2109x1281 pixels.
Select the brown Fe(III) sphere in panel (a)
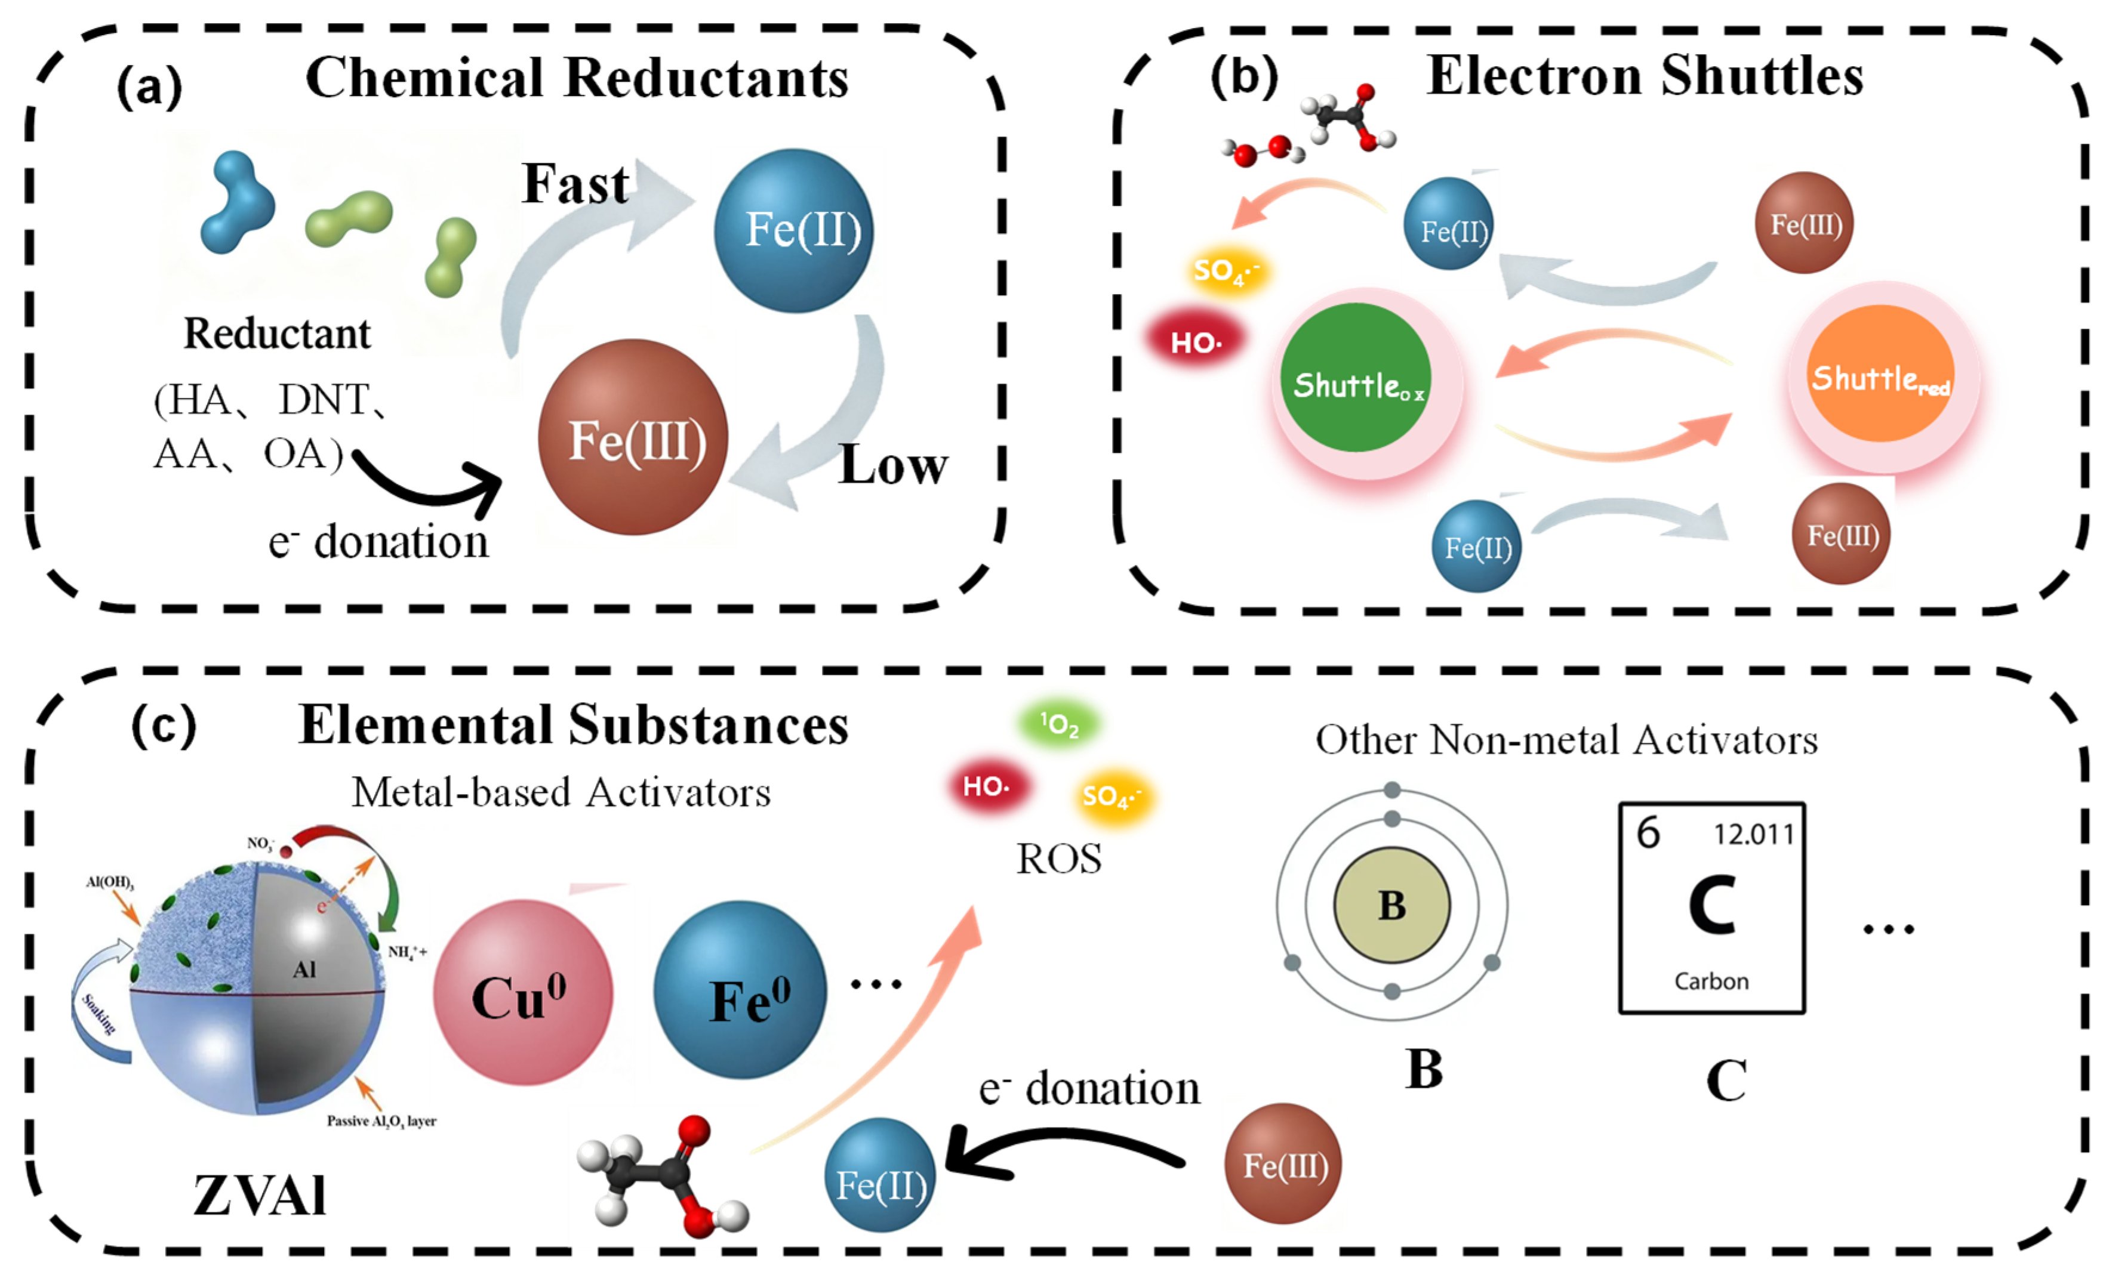click(x=633, y=437)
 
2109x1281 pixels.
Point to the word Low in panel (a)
click(x=893, y=465)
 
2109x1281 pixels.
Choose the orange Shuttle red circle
click(x=1880, y=375)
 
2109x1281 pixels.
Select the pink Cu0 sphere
click(x=522, y=993)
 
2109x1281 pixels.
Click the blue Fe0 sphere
click(x=740, y=990)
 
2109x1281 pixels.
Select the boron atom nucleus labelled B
click(x=1391, y=905)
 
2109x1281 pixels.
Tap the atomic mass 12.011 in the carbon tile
click(x=1753, y=834)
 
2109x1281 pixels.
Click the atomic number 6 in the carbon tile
click(x=1648, y=832)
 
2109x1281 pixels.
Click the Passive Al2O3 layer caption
click(x=381, y=1121)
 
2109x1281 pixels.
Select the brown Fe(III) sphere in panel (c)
click(x=1283, y=1164)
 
